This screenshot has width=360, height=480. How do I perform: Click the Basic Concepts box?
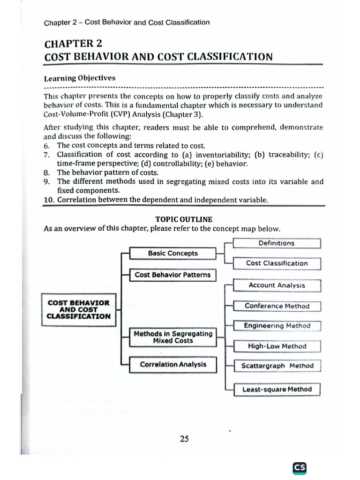coord(172,254)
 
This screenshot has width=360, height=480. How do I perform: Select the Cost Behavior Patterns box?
coord(172,275)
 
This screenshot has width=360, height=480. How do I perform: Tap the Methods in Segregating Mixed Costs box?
coord(172,337)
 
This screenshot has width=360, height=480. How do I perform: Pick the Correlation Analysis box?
coord(172,364)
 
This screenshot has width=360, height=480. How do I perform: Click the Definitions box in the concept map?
coord(277,243)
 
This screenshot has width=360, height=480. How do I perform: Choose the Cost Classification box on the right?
coord(277,263)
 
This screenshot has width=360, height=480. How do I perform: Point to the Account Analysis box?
coord(277,285)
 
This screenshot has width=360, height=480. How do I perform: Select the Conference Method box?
coord(277,306)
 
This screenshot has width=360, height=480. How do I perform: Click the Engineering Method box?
coord(277,326)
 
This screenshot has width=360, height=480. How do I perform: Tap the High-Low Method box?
coord(277,346)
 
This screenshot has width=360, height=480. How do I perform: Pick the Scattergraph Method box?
coord(277,366)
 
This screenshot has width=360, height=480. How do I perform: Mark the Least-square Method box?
coord(277,390)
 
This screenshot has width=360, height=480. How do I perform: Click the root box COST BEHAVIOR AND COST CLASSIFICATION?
coord(79,309)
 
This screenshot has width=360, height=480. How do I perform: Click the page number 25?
coord(184,439)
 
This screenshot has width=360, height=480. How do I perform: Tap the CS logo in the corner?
coord(300,468)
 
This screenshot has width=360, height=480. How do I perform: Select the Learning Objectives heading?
coord(79,78)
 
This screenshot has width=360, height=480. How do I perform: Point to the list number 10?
coord(49,200)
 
